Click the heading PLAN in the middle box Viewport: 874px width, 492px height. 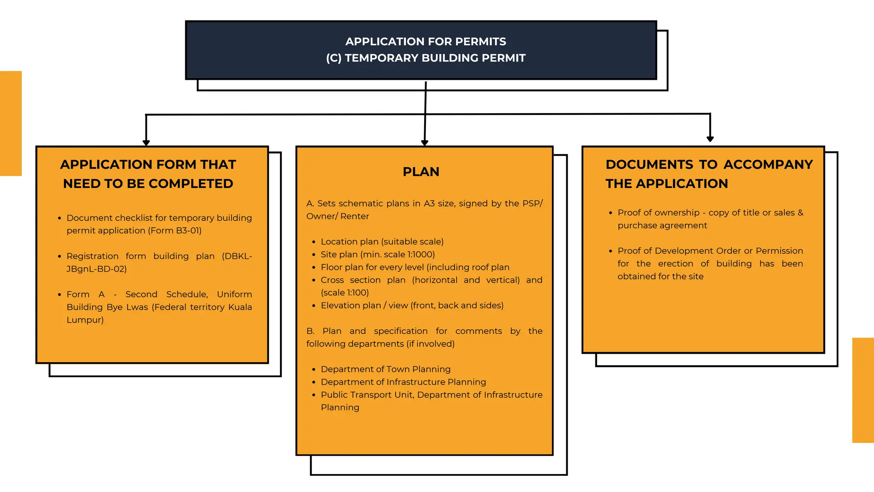tap(421, 172)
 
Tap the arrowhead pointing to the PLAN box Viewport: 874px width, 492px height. tap(425, 143)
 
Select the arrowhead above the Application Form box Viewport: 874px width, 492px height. tap(146, 143)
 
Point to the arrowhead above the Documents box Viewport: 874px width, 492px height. tap(710, 138)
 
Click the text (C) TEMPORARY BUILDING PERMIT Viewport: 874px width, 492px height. tap(425, 58)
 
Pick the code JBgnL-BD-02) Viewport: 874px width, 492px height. tap(96, 269)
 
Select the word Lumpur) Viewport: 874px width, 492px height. tap(85, 320)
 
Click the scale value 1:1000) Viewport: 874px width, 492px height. tap(421, 255)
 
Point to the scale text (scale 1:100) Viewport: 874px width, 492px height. tap(345, 293)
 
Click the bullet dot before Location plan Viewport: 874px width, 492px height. tap(314, 242)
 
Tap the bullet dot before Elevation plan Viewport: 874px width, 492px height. tap(314, 306)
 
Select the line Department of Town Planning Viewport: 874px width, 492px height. tap(385, 369)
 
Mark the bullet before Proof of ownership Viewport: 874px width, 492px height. tap(611, 213)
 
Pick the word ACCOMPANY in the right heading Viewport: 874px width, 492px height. tap(768, 164)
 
